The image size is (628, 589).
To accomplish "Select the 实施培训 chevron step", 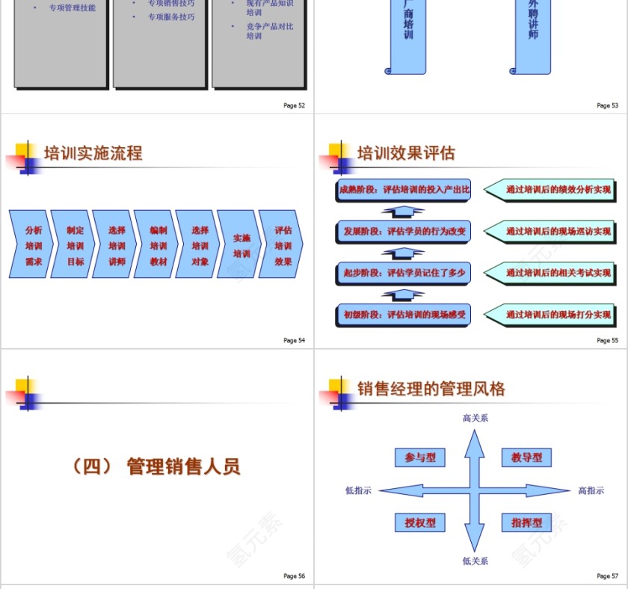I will click(241, 245).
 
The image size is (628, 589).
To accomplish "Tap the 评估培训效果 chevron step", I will click(283, 245).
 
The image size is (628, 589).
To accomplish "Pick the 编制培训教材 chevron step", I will click(158, 245).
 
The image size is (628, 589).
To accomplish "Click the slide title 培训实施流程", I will click(93, 154).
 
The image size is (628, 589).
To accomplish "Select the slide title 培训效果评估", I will click(406, 154).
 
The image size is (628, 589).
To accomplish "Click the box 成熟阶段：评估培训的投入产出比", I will click(404, 190).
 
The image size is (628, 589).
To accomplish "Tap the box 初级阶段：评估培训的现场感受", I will click(404, 315).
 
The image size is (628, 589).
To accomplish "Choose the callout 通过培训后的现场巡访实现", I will click(557, 232).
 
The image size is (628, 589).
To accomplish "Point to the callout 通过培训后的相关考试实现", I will click(557, 274).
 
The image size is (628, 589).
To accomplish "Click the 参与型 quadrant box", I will click(420, 457).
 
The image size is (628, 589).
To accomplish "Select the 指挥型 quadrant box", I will click(526, 522).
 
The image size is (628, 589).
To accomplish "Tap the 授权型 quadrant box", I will click(420, 522).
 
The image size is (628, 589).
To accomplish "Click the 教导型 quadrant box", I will click(526, 457).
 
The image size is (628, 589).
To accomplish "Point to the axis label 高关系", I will click(475, 418).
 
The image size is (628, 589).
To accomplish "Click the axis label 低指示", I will click(358, 490).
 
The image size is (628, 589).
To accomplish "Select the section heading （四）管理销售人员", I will click(156, 467).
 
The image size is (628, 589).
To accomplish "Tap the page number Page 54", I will click(294, 341).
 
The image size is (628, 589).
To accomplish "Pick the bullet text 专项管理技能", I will click(72, 8).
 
